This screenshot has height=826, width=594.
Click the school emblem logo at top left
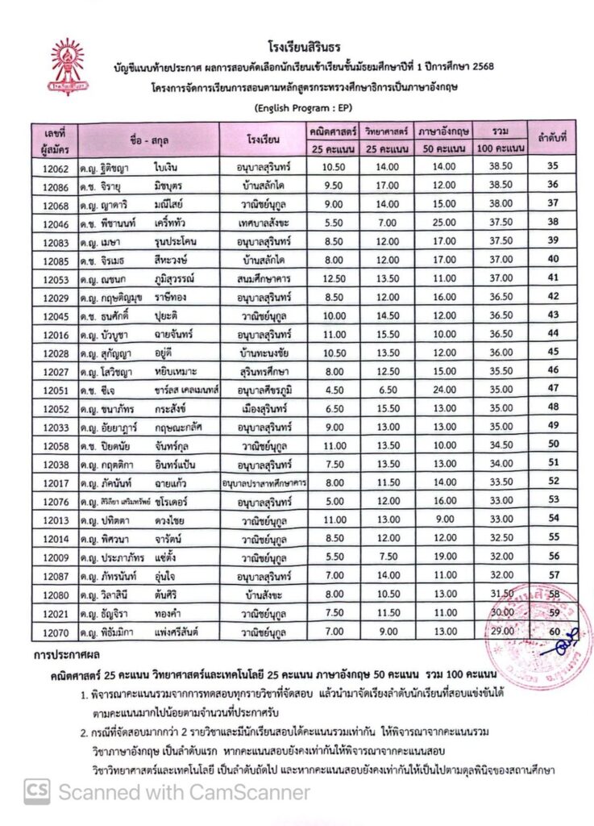pos(67,64)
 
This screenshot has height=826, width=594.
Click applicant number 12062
pos(56,167)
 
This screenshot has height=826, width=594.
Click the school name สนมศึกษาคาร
pos(263,277)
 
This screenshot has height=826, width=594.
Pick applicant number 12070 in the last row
pos(56,629)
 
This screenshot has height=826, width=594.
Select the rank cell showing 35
pos(553,167)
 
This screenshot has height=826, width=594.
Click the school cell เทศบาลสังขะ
pos(263,222)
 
